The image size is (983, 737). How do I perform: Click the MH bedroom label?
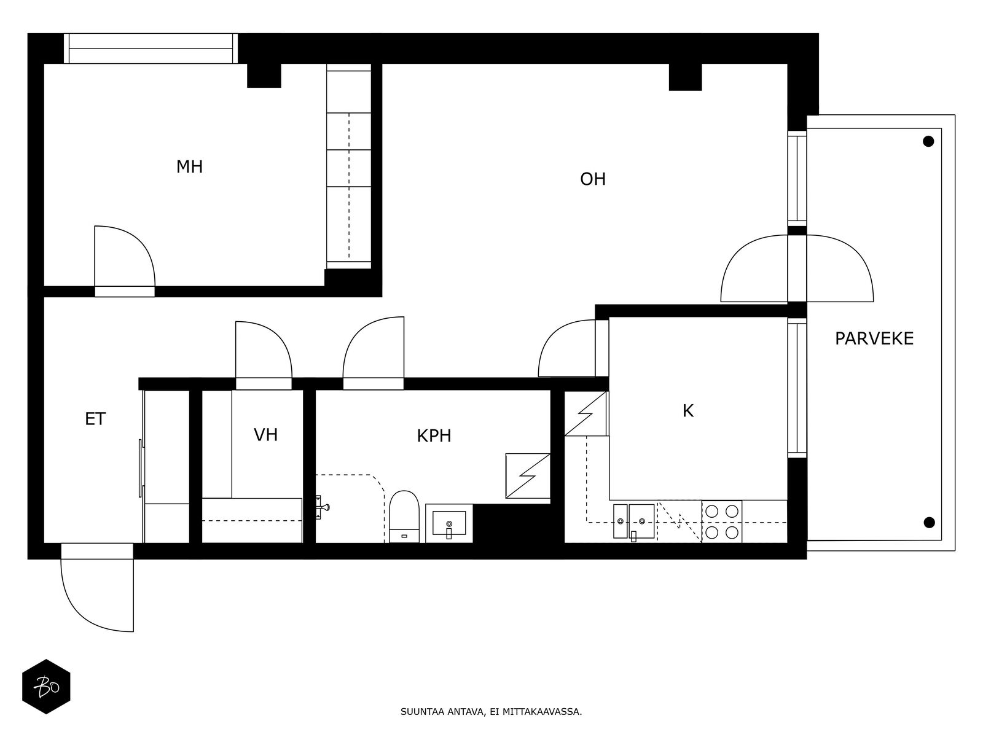tap(189, 167)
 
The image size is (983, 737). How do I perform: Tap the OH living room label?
tap(592, 179)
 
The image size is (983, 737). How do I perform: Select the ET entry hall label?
tap(95, 419)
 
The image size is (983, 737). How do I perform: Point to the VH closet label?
tap(265, 434)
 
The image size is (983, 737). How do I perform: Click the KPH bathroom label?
tap(434, 436)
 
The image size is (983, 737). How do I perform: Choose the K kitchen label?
tap(688, 411)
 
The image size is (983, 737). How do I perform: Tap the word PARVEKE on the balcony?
tap(874, 339)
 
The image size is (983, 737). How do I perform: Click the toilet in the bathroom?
tap(404, 517)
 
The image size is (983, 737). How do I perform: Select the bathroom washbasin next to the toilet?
tap(448, 523)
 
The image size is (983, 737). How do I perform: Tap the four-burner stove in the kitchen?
tap(721, 521)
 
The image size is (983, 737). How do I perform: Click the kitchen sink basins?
tap(633, 521)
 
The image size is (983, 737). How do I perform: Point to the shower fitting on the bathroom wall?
tap(322, 507)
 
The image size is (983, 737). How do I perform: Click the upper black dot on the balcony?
tap(928, 141)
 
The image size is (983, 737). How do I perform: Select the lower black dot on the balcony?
tap(930, 522)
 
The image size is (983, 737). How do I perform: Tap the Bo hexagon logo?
tap(47, 687)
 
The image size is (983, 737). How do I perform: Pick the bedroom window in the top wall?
tap(151, 49)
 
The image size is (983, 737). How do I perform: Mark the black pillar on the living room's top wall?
tap(685, 77)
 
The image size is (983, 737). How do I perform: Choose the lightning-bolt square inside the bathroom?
tap(528, 475)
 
